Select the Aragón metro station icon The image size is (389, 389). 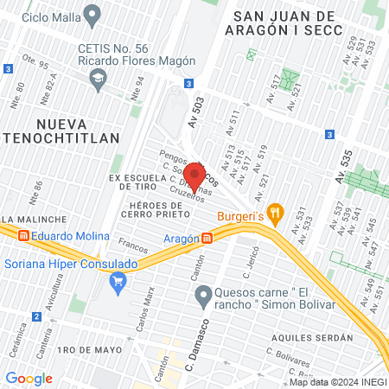tap(207, 238)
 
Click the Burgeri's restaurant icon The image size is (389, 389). tap(275, 210)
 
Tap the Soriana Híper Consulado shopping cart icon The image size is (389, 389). tap(118, 279)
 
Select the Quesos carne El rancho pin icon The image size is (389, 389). tap(202, 297)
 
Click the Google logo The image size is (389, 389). tap(29, 378)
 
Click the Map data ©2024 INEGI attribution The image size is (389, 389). tap(337, 382)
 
